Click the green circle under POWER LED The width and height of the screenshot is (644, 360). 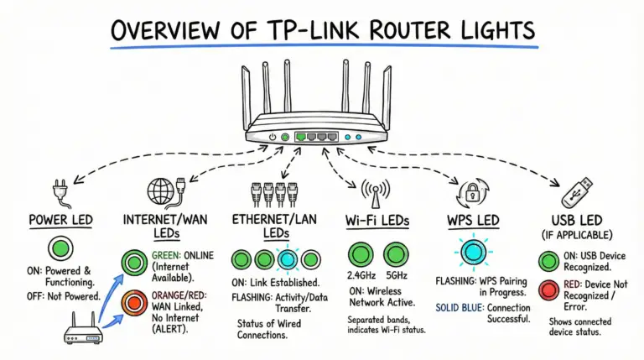(x=59, y=249)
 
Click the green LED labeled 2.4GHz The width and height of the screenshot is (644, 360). (x=361, y=253)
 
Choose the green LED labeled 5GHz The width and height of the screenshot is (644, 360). (x=396, y=253)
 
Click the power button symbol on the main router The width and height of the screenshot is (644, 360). (x=273, y=136)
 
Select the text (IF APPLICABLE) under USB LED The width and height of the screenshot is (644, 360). (x=578, y=236)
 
